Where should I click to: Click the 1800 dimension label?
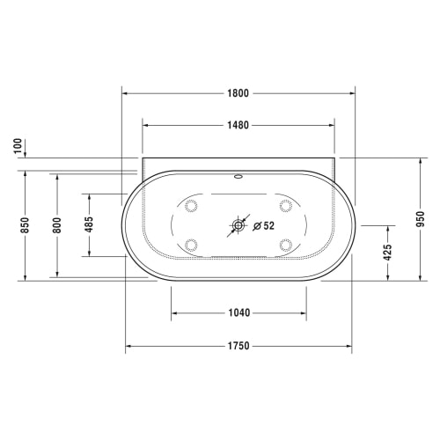pyautogui.click(x=238, y=93)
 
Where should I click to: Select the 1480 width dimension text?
pyautogui.click(x=238, y=125)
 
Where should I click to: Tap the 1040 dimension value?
pyautogui.click(x=239, y=312)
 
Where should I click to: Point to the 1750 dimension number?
pyautogui.click(x=238, y=346)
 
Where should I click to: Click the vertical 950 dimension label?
pyautogui.click(x=421, y=219)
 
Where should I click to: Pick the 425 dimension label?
pyautogui.click(x=388, y=253)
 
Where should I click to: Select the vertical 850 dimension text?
pyautogui.click(x=26, y=225)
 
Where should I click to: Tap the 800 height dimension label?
pyautogui.click(x=57, y=225)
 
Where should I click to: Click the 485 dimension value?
pyautogui.click(x=89, y=224)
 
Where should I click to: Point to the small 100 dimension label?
pyautogui.click(x=18, y=145)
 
